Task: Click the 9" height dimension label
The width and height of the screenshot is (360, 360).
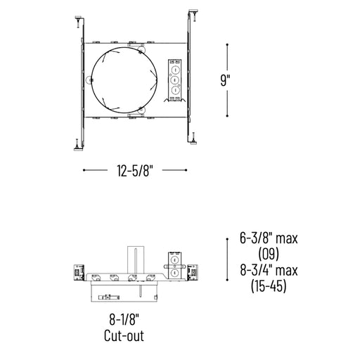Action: click(x=225, y=80)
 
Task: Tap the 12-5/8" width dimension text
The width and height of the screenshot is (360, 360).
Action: click(x=135, y=170)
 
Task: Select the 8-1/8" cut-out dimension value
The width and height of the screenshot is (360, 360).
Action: click(x=124, y=319)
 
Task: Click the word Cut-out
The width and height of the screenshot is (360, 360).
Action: click(x=124, y=335)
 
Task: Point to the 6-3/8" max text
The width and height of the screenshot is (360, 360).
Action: click(x=269, y=238)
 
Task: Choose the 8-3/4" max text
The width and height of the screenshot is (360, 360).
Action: click(x=269, y=270)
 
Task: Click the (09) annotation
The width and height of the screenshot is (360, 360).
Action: click(x=269, y=254)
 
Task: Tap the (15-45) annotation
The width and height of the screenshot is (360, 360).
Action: click(x=269, y=286)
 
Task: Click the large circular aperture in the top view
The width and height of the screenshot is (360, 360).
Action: click(x=91, y=80)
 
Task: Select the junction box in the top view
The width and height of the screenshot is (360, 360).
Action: click(x=174, y=80)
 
